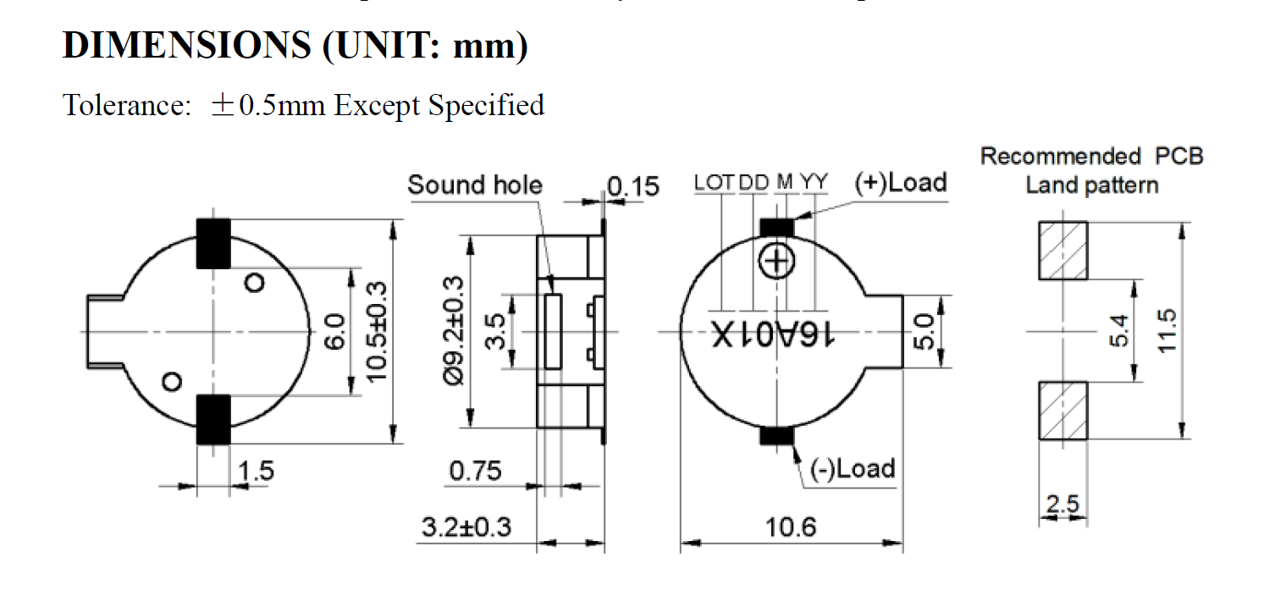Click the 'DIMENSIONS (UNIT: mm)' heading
click(x=295, y=46)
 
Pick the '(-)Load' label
click(x=853, y=468)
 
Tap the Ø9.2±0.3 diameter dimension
click(x=453, y=331)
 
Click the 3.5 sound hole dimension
click(x=495, y=331)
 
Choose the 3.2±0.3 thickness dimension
click(x=467, y=527)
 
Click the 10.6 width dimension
click(x=792, y=527)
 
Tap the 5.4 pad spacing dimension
click(x=1118, y=331)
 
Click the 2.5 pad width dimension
click(x=1062, y=505)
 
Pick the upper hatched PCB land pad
click(x=1063, y=250)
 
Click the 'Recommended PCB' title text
click(x=1091, y=157)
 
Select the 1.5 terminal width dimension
click(x=257, y=471)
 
